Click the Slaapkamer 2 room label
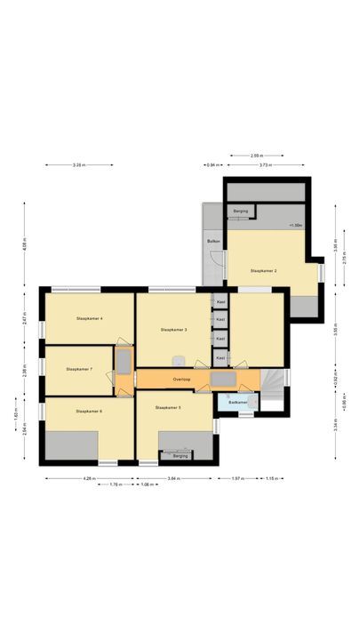click(x=264, y=270)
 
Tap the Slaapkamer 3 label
click(x=173, y=329)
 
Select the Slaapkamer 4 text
click(x=90, y=317)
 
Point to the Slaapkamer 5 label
click(x=168, y=407)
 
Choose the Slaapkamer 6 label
click(x=89, y=411)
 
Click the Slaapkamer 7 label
click(x=79, y=368)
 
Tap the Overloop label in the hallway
click(x=182, y=378)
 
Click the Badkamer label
click(x=237, y=403)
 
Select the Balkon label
click(x=213, y=241)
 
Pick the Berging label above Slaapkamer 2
click(x=240, y=212)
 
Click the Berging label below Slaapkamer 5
click(x=180, y=456)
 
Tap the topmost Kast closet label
click(x=220, y=301)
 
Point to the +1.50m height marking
click(x=296, y=226)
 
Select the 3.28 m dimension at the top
click(x=78, y=164)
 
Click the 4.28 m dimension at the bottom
click(x=88, y=478)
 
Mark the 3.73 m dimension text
click(x=265, y=164)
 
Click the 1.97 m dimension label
click(x=237, y=478)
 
